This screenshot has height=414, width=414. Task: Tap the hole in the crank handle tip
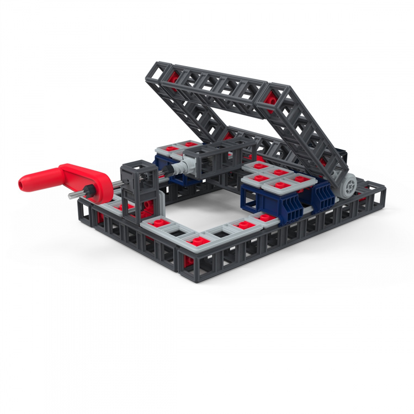click(23, 181)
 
